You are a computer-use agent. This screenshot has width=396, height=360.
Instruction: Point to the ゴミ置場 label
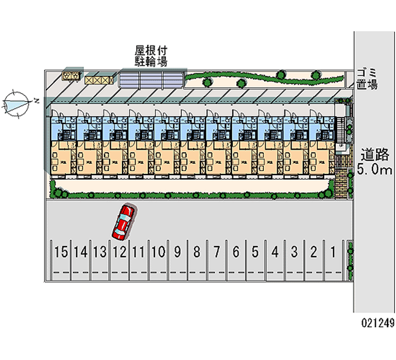tap(367, 79)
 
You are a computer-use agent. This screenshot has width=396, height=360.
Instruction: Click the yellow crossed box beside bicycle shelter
tap(99, 80)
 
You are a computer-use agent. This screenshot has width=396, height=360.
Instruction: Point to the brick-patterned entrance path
tap(342, 185)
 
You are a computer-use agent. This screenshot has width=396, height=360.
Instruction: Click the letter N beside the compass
tap(37, 101)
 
